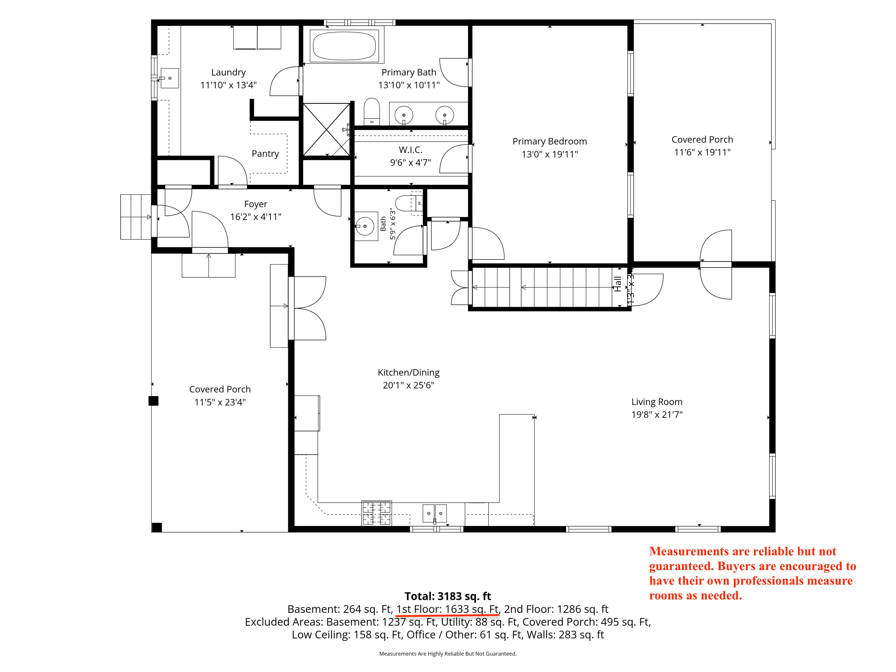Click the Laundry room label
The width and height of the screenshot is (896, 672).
[228, 73]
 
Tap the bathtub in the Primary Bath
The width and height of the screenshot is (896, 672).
[344, 46]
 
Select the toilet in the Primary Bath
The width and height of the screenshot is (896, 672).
[372, 111]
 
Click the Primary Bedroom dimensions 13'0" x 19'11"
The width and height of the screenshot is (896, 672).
[550, 154]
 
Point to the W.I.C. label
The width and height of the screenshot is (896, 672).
[410, 150]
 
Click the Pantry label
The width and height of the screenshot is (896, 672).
[265, 154]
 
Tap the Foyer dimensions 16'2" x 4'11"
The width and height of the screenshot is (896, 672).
[256, 217]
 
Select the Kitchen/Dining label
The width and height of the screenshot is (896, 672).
[408, 373]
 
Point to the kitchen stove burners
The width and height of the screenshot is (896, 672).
[377, 513]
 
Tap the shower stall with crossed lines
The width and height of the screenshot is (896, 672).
[326, 130]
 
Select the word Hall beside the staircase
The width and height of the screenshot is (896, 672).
[618, 284]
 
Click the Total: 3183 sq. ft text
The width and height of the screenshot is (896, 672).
[448, 596]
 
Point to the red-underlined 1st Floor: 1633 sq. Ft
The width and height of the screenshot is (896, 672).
[448, 609]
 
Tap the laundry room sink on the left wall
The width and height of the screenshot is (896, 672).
[169, 78]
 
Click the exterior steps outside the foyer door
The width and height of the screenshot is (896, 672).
[136, 217]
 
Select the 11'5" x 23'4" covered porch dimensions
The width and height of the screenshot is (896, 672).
[220, 402]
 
